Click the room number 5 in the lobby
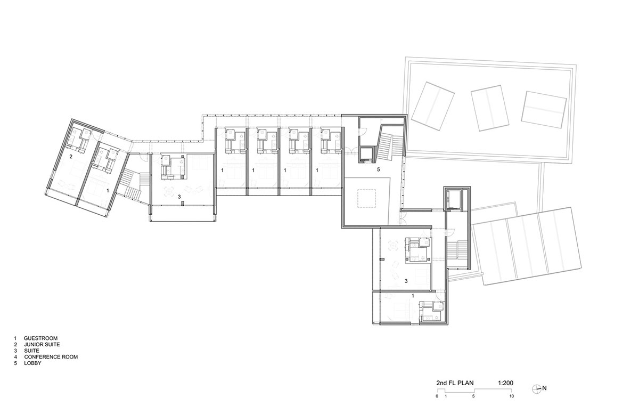coord(379,169)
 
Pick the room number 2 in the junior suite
coord(71,157)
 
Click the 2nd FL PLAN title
coord(455,383)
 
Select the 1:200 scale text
coord(505,383)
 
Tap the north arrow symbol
coord(537,388)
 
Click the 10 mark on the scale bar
coord(512,396)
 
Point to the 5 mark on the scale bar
coord(473,396)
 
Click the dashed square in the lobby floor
coord(366,199)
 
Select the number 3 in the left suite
coord(179,197)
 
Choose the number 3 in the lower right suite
coord(406,281)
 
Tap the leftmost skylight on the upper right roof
coord(433,106)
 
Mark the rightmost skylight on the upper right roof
coord(544,110)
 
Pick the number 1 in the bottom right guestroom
coord(413,296)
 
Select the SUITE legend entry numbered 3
coord(27,351)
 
